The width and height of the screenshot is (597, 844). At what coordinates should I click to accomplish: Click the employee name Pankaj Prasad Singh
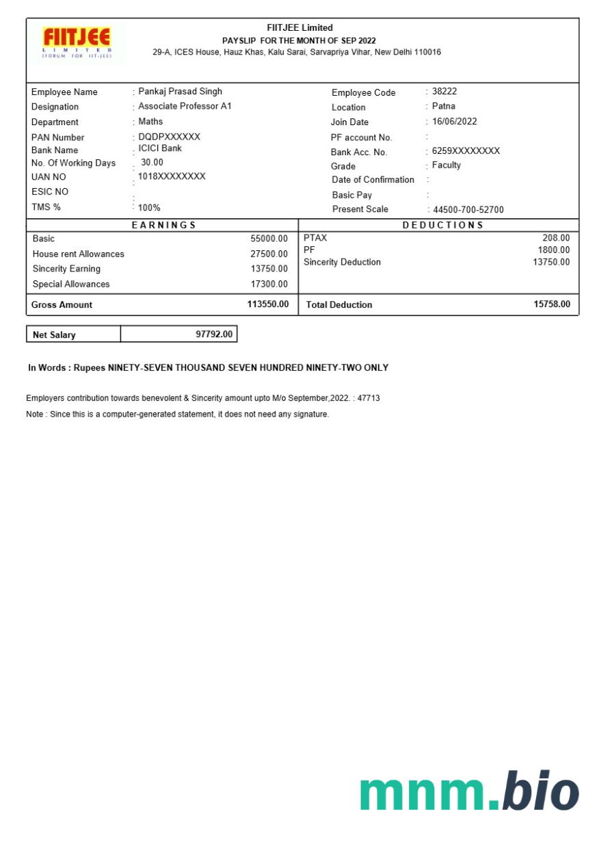[x=180, y=91]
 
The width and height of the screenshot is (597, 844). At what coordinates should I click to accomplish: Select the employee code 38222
[x=445, y=91]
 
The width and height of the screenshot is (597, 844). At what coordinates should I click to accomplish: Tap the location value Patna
[x=443, y=106]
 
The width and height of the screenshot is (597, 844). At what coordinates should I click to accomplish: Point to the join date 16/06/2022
[x=454, y=121]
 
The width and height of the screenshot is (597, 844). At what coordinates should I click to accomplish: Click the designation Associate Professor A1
[x=185, y=106]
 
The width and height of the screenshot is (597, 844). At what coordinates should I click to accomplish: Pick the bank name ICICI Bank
[x=160, y=148]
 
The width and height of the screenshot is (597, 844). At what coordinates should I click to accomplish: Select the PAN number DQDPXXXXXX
[x=169, y=137]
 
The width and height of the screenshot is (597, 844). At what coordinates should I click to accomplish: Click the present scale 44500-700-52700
[x=468, y=210]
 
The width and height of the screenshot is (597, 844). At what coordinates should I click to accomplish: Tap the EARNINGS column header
[x=163, y=225]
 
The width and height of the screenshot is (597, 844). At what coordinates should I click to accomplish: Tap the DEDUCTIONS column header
[x=443, y=225]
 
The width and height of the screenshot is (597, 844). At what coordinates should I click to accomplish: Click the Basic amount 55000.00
[x=269, y=239]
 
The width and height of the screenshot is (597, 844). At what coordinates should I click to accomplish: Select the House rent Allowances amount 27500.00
[x=269, y=254]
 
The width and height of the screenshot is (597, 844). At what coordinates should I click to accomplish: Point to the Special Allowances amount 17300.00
[x=269, y=284]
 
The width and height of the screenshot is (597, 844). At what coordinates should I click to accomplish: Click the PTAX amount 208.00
[x=556, y=238]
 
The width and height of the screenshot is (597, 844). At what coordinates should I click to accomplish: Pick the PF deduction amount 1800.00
[x=553, y=250]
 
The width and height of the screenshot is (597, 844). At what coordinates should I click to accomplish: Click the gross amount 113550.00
[x=267, y=304]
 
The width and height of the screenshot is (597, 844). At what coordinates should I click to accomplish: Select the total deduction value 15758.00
[x=551, y=304]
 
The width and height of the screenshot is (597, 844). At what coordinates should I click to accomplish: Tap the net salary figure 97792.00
[x=214, y=334]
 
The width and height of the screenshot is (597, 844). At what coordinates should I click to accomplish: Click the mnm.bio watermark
[x=469, y=792]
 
